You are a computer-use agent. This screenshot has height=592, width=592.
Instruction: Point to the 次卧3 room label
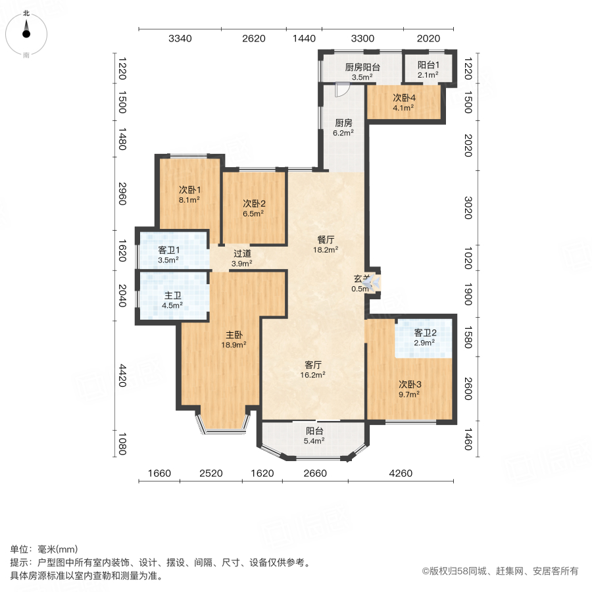409,384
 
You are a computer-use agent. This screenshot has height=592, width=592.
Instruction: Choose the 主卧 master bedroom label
234,334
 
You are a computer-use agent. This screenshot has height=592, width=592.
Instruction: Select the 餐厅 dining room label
326,240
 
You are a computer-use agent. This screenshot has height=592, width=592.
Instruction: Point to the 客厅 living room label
313,364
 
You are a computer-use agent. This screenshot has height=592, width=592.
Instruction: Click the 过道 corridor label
242,253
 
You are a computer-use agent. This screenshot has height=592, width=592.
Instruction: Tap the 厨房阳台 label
362,66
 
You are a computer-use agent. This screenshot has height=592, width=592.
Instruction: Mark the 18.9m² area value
234,344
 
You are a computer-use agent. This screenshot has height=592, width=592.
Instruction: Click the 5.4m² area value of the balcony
314,441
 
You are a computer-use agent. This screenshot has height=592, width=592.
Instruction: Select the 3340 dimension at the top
180,39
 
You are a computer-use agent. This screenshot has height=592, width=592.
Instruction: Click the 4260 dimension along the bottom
401,473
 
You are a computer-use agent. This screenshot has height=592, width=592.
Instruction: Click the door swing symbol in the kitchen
341,90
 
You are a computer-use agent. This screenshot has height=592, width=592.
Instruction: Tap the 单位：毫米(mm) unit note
44,550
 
